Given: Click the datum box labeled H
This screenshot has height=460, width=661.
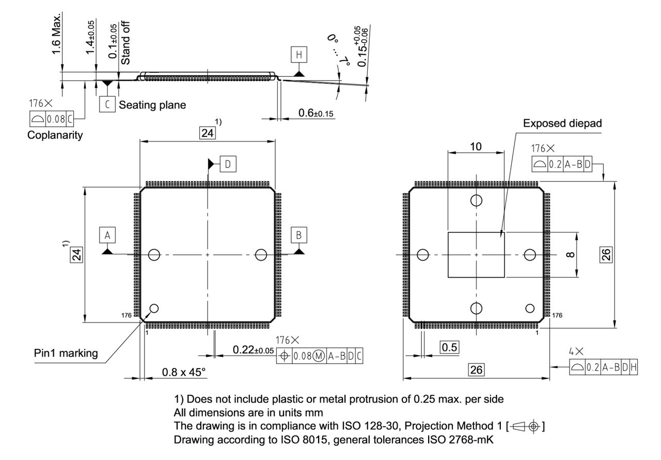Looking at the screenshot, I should [x=298, y=54].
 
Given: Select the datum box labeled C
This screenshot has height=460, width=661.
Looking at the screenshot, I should [x=107, y=104].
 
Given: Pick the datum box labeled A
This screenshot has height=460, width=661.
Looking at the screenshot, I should [x=107, y=235].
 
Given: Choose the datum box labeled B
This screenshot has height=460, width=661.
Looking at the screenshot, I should [x=298, y=235].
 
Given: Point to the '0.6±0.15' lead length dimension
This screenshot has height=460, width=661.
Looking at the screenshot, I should [x=316, y=113].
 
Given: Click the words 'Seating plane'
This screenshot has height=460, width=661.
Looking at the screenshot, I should [x=152, y=105].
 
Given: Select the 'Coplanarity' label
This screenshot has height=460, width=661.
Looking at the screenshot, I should [x=55, y=136].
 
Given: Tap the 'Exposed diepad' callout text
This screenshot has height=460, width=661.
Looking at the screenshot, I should [x=562, y=124].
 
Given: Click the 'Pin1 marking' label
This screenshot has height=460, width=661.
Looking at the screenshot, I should [x=66, y=354].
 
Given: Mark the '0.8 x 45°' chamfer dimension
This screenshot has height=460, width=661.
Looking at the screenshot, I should [x=176, y=372].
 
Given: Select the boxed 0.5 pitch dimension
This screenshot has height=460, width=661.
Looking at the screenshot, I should [x=450, y=347].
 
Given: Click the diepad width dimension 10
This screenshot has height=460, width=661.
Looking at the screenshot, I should [x=476, y=147].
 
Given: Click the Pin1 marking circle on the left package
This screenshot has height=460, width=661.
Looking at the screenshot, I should [x=153, y=309].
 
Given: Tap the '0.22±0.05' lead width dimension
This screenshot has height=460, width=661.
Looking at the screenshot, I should [x=253, y=350].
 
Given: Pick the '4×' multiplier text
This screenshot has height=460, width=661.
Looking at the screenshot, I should [x=576, y=351].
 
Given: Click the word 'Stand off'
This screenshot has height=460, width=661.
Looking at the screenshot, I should [x=125, y=43].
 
